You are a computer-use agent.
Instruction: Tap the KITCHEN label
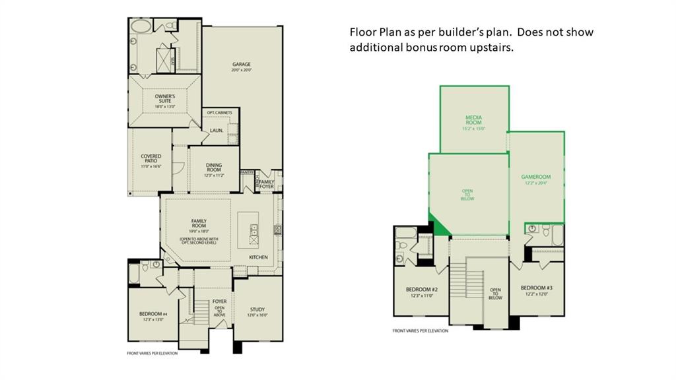point(257,257)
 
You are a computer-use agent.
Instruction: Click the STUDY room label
point(257,311)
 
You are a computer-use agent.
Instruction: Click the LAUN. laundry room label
point(217,131)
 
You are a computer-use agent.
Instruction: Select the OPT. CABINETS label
point(219,113)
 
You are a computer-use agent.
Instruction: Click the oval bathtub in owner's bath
point(141,27)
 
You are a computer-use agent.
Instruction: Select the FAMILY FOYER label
point(267,184)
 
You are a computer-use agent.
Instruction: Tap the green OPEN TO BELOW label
point(467,194)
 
